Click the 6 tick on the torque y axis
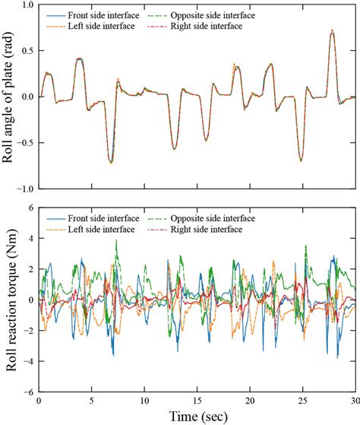click(x=30, y=208)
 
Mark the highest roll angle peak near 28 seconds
click(x=332, y=31)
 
